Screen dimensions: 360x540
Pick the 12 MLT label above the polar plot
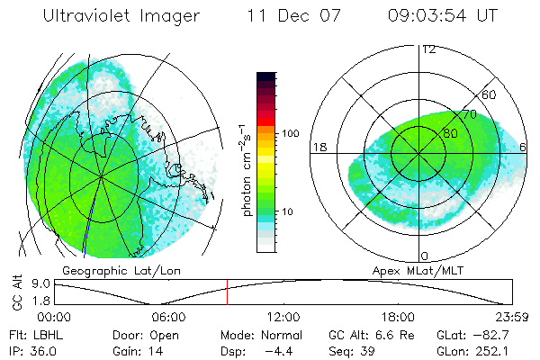pyautogui.click(x=428, y=49)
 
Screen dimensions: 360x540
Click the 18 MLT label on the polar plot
pyautogui.click(x=318, y=147)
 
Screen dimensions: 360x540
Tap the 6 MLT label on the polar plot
pyautogui.click(x=524, y=147)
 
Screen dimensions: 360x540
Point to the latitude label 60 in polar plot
pyautogui.click(x=490, y=94)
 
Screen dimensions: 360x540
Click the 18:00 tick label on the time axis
pyautogui.click(x=397, y=317)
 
